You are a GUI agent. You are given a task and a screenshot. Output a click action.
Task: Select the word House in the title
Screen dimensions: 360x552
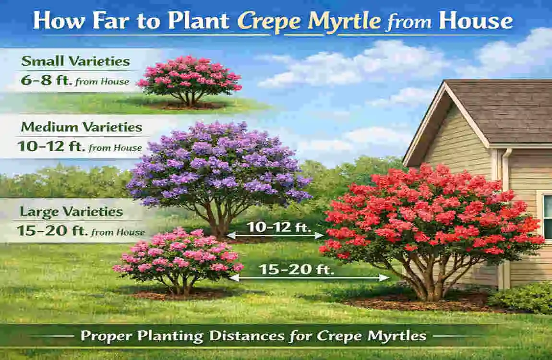pos(476,22)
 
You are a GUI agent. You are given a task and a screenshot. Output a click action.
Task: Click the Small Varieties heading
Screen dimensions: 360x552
pos(75,61)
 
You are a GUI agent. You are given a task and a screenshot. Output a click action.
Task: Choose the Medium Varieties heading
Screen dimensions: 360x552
pos(81,127)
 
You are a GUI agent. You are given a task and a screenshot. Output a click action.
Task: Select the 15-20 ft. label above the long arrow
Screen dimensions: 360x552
pos(296,269)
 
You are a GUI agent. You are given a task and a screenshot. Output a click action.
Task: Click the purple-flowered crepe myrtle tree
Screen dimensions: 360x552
pos(218,163)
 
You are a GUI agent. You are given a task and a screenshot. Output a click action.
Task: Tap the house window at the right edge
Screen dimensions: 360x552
pos(547,216)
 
